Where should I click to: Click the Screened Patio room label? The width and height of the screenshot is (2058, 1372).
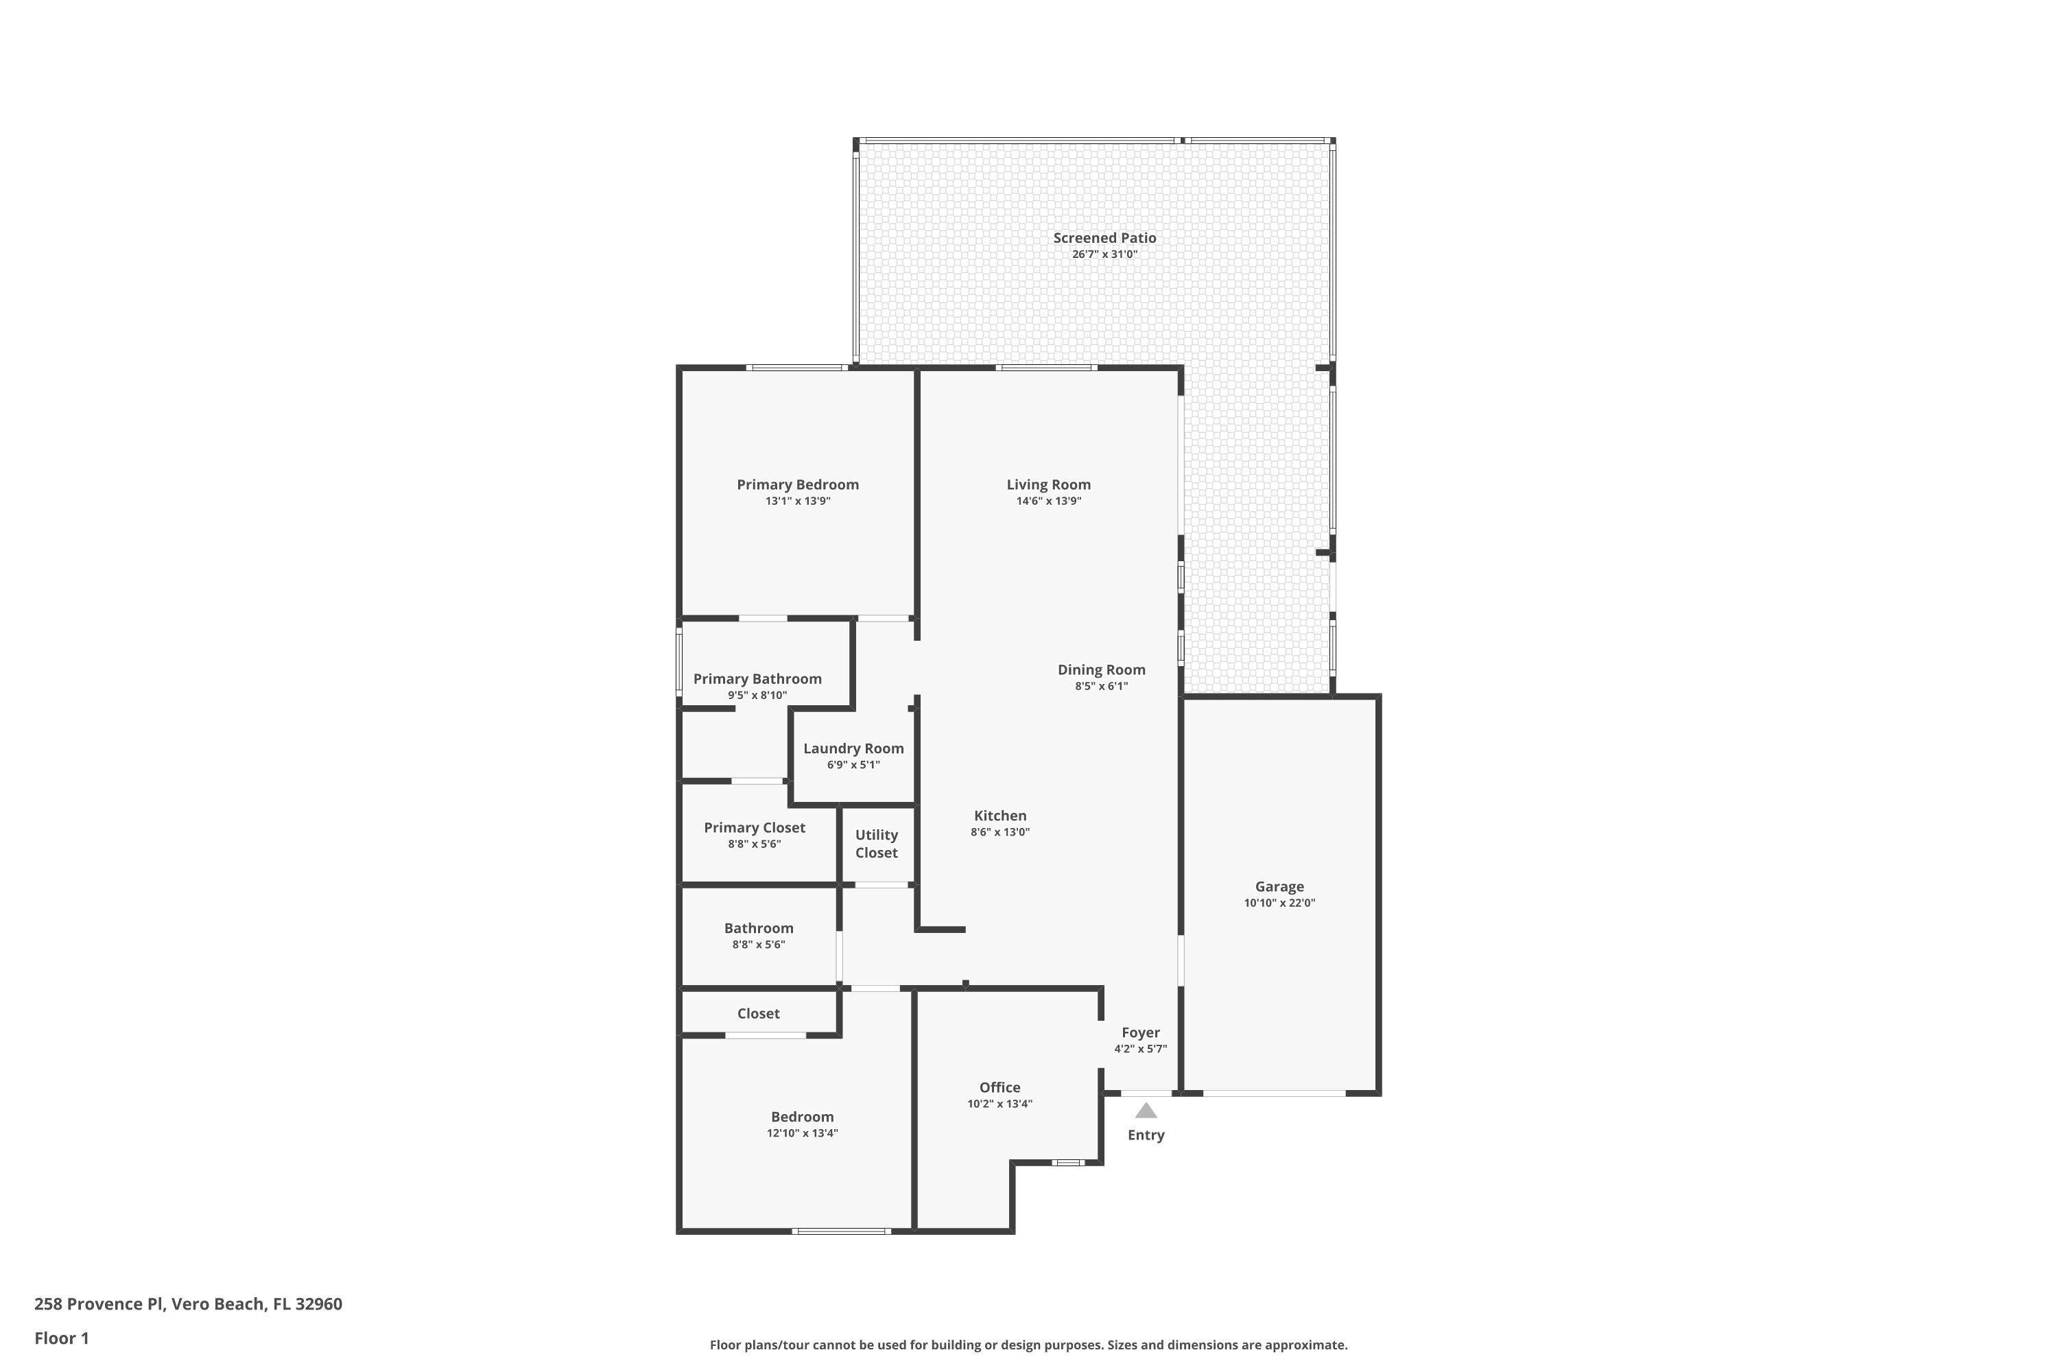click(x=1104, y=238)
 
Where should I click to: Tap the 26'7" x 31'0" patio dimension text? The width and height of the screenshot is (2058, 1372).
click(x=1104, y=255)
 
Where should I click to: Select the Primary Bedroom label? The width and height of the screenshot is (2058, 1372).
click(x=797, y=485)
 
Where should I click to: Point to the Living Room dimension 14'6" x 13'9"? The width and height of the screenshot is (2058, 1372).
click(x=1048, y=501)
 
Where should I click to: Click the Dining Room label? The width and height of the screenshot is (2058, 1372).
click(x=1101, y=670)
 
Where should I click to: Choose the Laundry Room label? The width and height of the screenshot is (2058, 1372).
click(x=853, y=748)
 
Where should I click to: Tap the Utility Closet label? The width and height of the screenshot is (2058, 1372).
click(x=876, y=844)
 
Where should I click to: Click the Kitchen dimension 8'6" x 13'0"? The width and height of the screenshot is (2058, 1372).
click(x=1000, y=832)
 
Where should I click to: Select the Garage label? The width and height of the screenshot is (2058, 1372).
click(x=1279, y=886)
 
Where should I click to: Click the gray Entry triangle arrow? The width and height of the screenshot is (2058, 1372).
click(x=1146, y=1111)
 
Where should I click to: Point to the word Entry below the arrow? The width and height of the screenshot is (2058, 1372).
click(x=1146, y=1135)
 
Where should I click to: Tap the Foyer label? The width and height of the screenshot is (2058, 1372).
click(x=1140, y=1032)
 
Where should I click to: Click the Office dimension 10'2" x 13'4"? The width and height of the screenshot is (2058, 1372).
click(x=1000, y=1104)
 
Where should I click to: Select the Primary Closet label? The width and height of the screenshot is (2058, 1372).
click(x=754, y=828)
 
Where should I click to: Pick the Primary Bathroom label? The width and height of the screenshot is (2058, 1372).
click(x=757, y=679)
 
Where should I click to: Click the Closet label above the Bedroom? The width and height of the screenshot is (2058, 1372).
click(x=758, y=1013)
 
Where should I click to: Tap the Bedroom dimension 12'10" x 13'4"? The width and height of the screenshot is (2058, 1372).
click(x=801, y=1133)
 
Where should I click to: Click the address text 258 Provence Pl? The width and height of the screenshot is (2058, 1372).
click(x=99, y=1304)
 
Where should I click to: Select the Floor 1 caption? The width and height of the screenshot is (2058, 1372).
click(x=61, y=1338)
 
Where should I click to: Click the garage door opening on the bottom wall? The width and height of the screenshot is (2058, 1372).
click(x=1273, y=1093)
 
